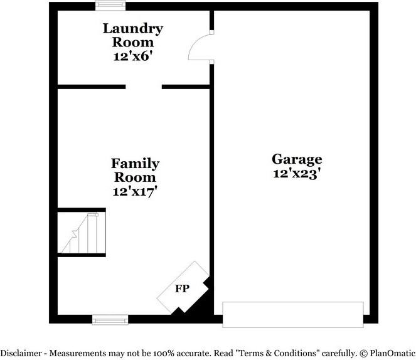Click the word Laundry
tap(133, 28)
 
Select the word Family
tap(135, 164)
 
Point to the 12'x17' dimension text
tap(135, 191)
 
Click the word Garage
tap(297, 159)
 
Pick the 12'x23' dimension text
tap(297, 174)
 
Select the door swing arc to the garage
tap(200, 48)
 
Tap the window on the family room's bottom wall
tap(106, 320)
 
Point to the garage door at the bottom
tap(293, 314)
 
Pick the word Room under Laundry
tap(133, 42)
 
